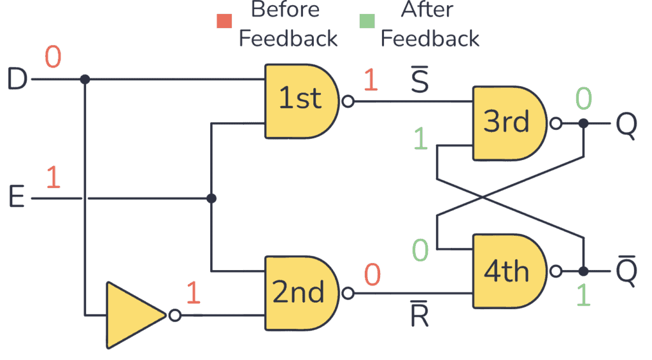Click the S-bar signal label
[419, 81]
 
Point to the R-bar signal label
[419, 313]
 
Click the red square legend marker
[224, 21]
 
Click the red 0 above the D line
[53, 58]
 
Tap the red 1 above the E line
[53, 178]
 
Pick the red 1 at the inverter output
[193, 292]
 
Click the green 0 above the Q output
[583, 99]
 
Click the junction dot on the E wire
[211, 199]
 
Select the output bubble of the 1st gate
[347, 101]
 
